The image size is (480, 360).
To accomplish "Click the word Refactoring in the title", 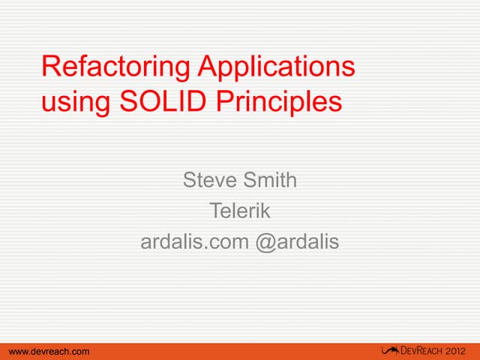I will (116, 67).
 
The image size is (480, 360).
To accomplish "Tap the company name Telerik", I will (239, 211).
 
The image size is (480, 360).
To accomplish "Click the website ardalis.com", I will (195, 242).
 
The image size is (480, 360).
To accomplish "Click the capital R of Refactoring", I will (50, 67).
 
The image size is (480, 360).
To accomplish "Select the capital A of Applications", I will (208, 67).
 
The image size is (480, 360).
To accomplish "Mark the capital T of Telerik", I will (214, 211).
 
